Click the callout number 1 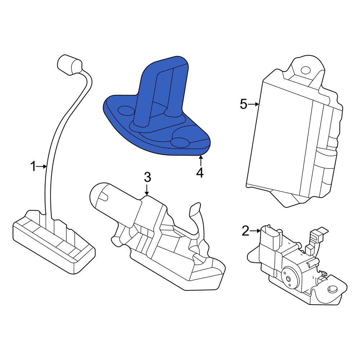click(33, 166)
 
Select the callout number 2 click(246, 231)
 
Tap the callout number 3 click(147, 177)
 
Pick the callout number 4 click(200, 172)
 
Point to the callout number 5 click(244, 104)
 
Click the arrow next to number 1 click(42, 167)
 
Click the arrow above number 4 click(201, 161)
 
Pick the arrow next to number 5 click(253, 104)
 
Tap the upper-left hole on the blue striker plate click(126, 111)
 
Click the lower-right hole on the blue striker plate click(180, 142)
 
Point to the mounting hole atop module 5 click(305, 70)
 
